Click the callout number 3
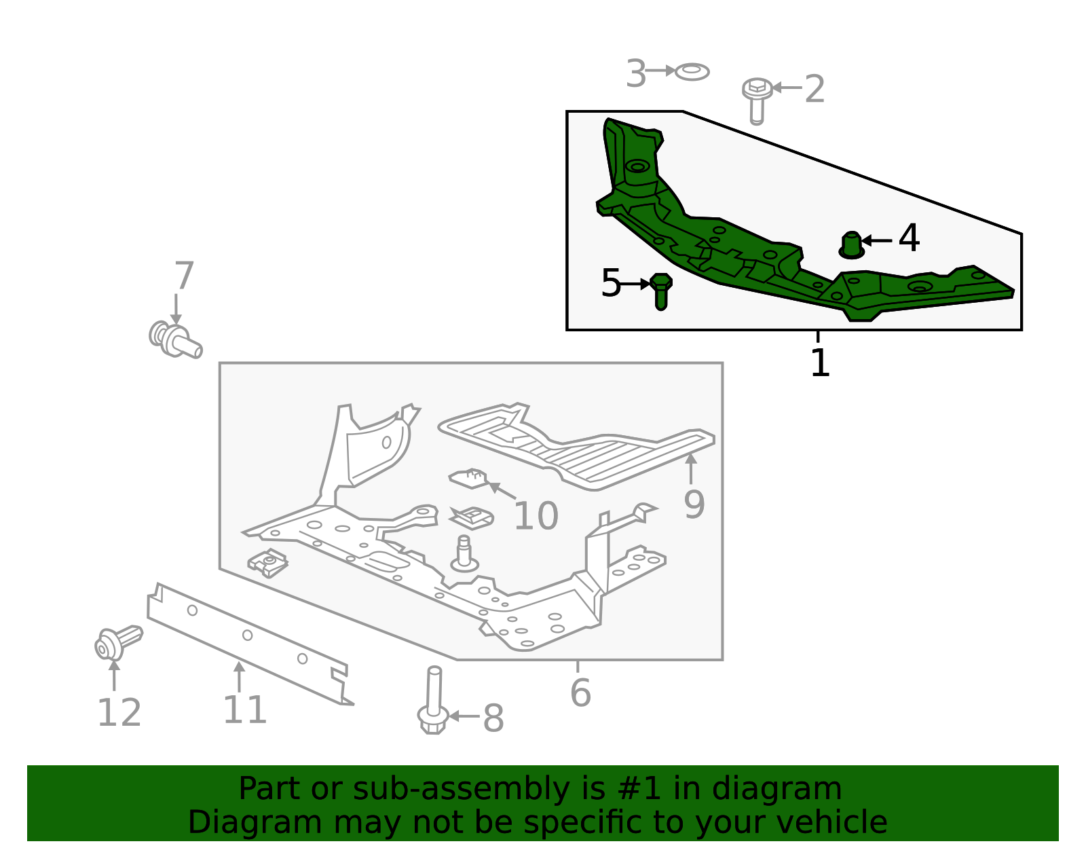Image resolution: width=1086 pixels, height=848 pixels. point(635,73)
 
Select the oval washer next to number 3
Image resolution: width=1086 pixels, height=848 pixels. point(692,71)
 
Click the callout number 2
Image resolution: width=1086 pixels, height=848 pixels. point(814,89)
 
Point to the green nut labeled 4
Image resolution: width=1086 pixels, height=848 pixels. point(852,245)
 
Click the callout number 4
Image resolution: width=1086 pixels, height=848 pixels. point(909,238)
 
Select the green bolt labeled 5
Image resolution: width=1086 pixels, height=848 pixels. point(660,291)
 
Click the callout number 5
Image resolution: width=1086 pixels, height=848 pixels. point(610,283)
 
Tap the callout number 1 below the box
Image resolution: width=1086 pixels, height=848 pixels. point(820,363)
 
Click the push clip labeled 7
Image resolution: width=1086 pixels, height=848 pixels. point(175,339)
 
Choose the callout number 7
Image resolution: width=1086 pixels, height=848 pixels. point(184,276)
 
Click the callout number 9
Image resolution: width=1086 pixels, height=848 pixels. point(694,504)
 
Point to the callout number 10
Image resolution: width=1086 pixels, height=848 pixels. point(536,516)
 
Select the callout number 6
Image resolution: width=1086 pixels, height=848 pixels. point(580,693)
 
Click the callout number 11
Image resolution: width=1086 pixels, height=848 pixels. point(244,710)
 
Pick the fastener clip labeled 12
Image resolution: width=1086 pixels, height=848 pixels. point(117,642)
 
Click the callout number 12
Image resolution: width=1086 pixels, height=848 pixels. point(119,713)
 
